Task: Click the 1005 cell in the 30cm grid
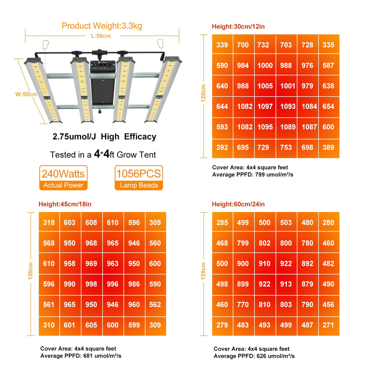pyautogui.click(x=265, y=86)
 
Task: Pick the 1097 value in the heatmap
pyautogui.click(x=265, y=106)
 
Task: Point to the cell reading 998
pyautogui.click(x=91, y=284)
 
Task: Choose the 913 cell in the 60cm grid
pyautogui.click(x=286, y=284)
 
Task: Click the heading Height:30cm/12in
pyautogui.click(x=238, y=26)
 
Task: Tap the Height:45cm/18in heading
pyautogui.click(x=65, y=204)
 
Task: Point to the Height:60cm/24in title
pyautogui.click(x=238, y=204)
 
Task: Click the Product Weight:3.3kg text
pyautogui.click(x=102, y=26)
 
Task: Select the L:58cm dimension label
pyautogui.click(x=101, y=36)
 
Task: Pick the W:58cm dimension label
pyautogui.click(x=26, y=94)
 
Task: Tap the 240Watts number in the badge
pyautogui.click(x=63, y=174)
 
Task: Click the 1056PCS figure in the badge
pyautogui.click(x=138, y=174)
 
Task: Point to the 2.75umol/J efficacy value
pyautogui.click(x=74, y=137)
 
